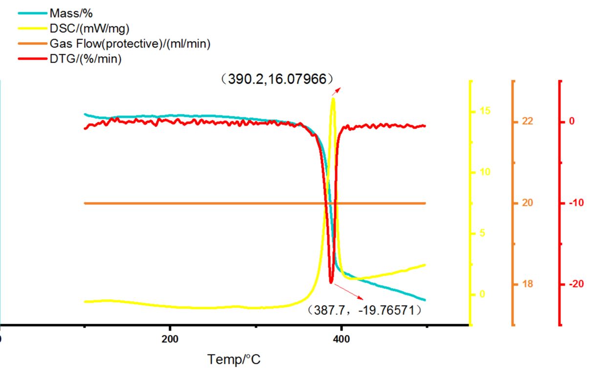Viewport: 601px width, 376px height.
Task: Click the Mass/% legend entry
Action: click(71, 13)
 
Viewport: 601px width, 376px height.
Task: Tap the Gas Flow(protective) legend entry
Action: click(130, 44)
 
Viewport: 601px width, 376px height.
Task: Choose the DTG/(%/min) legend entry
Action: click(86, 59)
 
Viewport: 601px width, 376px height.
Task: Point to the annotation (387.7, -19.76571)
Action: click(365, 310)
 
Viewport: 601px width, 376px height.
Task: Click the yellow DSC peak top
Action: click(333, 99)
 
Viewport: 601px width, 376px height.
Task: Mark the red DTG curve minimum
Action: click(331, 282)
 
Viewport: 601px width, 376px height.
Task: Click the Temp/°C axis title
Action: click(234, 360)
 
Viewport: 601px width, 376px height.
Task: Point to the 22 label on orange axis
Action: click(528, 121)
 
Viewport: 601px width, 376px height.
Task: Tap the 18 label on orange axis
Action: click(528, 285)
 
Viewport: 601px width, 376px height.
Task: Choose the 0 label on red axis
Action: click(572, 121)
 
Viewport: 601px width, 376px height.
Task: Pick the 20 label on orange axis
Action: click(528, 203)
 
